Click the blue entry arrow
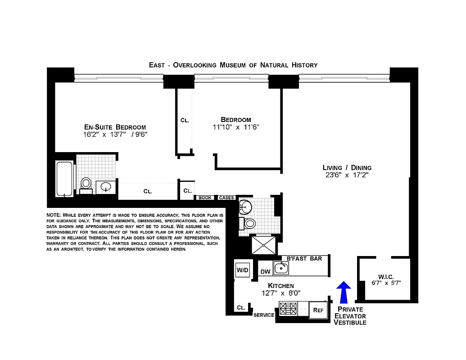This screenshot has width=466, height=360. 344,292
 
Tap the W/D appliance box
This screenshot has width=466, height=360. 242,270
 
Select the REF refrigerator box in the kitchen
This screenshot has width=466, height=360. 318,310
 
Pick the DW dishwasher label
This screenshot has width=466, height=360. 265,271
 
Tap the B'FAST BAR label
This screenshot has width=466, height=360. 305,258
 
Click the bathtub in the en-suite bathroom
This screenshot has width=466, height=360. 64,179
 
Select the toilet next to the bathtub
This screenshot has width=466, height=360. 86,184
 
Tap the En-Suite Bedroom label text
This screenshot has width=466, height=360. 115,127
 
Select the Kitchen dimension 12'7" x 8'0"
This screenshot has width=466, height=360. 281,293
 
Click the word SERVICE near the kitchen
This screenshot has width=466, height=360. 264,315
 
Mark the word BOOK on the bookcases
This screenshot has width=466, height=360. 205,198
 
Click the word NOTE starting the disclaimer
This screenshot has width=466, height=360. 54,215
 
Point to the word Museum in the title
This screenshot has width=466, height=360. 233,65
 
